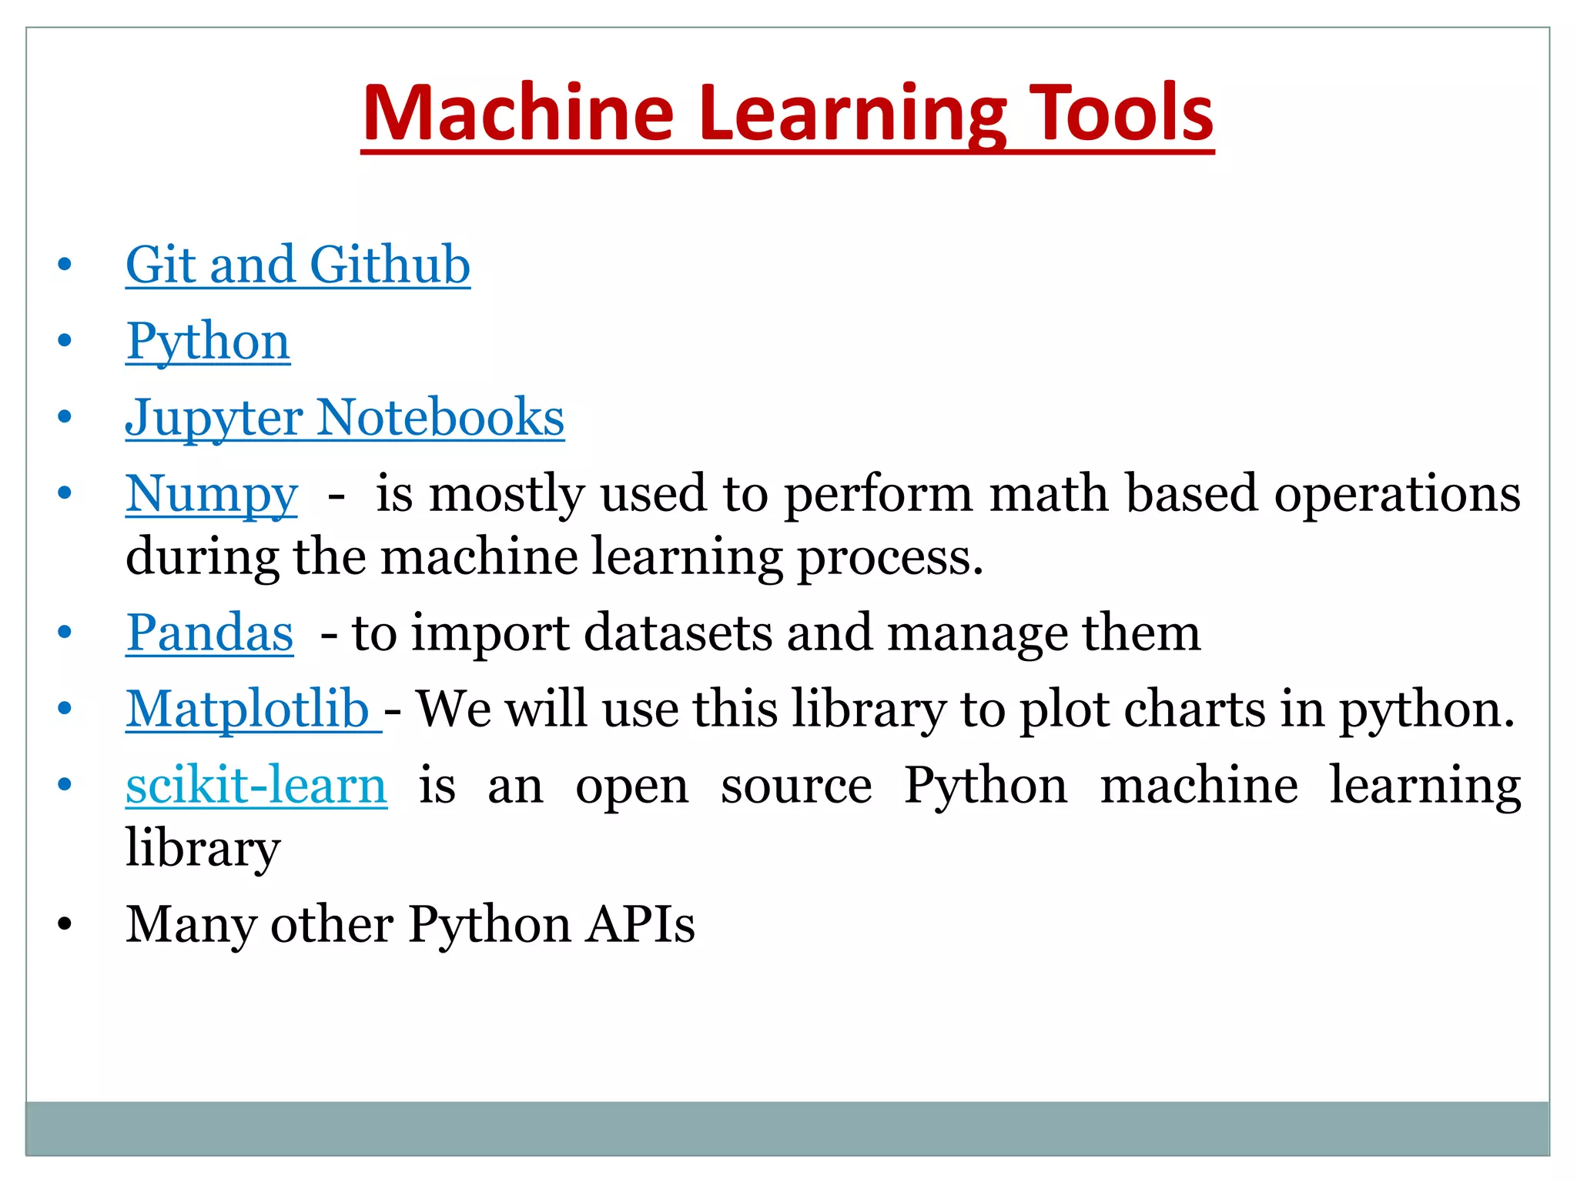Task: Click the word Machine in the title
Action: tap(517, 114)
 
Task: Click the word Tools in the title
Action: tap(1121, 114)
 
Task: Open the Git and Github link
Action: tap(298, 265)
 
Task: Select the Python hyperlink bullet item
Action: tap(208, 341)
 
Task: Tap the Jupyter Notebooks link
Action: tap(344, 418)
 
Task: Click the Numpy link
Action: tap(211, 494)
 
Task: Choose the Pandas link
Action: tap(209, 633)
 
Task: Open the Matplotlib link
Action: tap(248, 709)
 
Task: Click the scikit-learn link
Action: tap(256, 786)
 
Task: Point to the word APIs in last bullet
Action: tap(640, 924)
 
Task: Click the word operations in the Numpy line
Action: tap(1397, 494)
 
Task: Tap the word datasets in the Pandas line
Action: tap(678, 633)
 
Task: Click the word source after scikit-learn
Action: tap(796, 786)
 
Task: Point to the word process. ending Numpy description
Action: tap(890, 557)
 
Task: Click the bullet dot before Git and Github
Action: tap(65, 265)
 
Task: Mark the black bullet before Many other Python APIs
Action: tap(65, 924)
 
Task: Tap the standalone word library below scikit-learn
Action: tap(203, 849)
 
